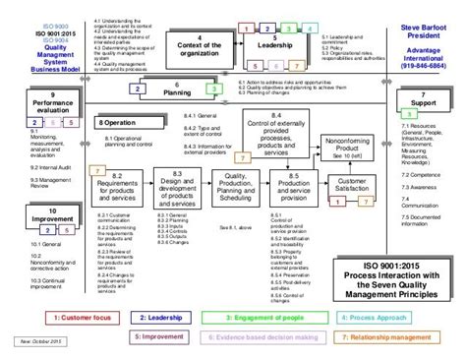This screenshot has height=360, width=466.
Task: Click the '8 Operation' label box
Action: pyautogui.click(x=121, y=123)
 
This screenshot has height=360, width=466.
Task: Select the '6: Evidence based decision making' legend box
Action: pyautogui.click(x=264, y=336)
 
